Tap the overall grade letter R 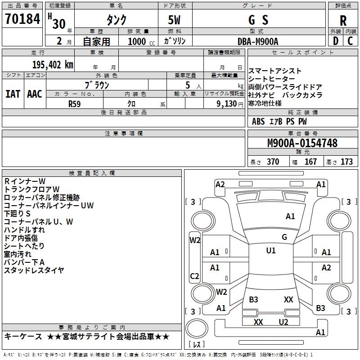point(343,20)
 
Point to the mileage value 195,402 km point(53,64)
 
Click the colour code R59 point(75,103)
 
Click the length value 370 point(273,162)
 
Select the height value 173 point(346,162)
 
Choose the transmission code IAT point(13,94)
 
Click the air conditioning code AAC point(34,94)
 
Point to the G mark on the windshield point(284,237)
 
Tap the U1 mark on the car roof point(270,251)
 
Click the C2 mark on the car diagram point(194,276)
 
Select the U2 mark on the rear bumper point(283,322)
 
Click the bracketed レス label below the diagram point(197,345)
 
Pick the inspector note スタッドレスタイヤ point(34,270)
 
